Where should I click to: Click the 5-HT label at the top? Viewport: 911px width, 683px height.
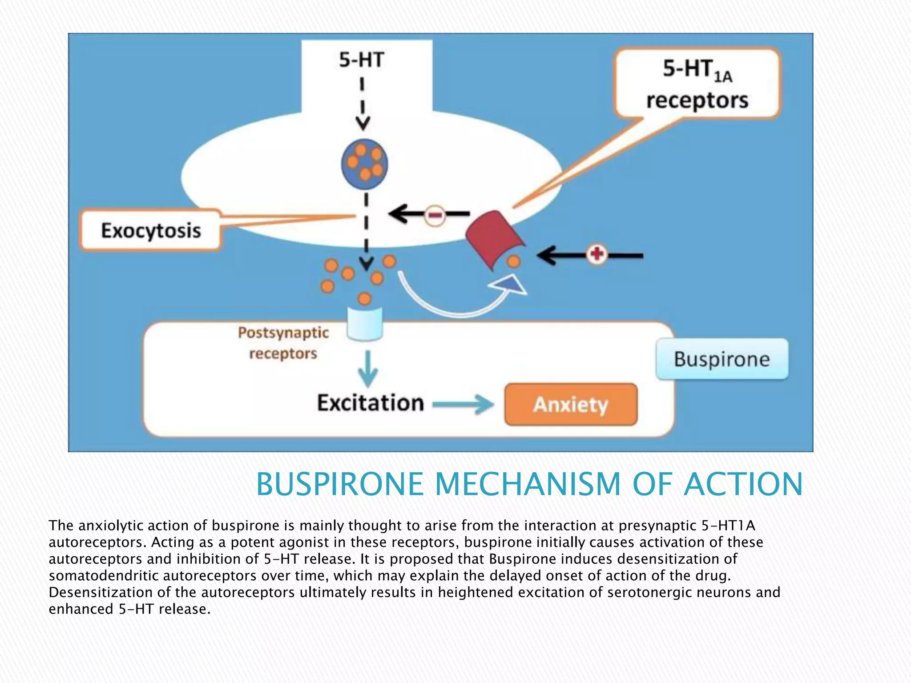coord(361,60)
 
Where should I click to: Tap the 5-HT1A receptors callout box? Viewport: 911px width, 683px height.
coord(697,84)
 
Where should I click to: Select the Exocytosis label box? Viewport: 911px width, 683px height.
coord(151,231)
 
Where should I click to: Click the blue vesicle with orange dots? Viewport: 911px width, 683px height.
coord(365,164)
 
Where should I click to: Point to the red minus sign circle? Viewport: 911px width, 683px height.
coord(435,215)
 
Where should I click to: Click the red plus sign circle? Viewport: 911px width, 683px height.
coord(597,254)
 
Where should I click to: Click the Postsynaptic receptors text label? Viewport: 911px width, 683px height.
coord(283,343)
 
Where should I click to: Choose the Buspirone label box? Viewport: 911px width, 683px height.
coord(722,359)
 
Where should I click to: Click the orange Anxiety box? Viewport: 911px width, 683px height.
coord(571,405)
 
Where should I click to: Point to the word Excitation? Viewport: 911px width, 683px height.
coord(370,403)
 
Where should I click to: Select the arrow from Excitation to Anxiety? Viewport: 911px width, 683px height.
coord(463,404)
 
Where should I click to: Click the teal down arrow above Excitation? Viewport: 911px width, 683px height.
coord(368,369)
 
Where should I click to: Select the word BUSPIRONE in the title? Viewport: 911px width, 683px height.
coord(340,484)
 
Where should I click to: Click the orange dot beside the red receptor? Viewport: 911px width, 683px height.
coord(514,261)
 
